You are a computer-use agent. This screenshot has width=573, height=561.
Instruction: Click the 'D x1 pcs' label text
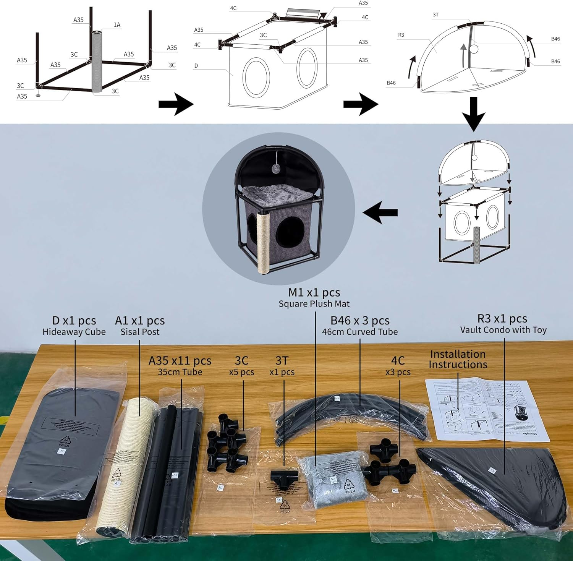(74, 320)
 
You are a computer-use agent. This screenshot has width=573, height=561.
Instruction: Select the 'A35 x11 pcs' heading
(180, 360)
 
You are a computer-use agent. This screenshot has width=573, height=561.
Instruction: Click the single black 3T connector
(284, 478)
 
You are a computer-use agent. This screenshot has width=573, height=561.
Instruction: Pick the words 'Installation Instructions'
(458, 359)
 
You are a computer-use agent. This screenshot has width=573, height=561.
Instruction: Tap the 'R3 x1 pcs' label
(502, 318)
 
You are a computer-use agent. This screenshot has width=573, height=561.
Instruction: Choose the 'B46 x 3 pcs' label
(359, 320)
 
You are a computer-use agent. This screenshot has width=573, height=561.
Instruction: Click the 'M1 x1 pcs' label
(314, 292)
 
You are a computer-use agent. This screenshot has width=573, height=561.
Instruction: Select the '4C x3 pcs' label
(398, 365)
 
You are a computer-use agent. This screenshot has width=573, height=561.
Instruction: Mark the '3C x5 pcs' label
(241, 365)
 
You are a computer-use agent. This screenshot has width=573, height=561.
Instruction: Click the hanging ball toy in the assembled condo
(275, 169)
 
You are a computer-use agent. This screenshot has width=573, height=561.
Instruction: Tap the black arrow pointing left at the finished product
(380, 213)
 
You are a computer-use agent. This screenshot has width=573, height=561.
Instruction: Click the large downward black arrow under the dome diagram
(473, 114)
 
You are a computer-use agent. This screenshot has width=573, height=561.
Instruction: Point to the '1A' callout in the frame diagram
(117, 25)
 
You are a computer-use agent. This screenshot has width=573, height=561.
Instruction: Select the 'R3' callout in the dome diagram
(401, 35)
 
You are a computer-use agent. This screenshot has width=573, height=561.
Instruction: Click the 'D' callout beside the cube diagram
(196, 66)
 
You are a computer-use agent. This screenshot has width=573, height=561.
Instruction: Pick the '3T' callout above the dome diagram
(435, 15)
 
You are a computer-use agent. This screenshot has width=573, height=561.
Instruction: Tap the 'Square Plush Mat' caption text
(314, 304)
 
